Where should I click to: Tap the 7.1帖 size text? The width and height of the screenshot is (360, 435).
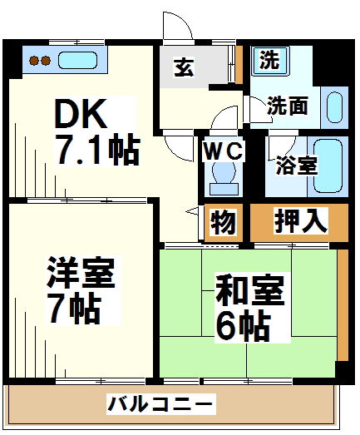point(96,150)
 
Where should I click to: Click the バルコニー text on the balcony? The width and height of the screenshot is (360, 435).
point(160,405)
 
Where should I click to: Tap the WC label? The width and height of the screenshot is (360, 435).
point(223,152)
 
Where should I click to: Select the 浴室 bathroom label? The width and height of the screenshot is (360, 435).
point(296,164)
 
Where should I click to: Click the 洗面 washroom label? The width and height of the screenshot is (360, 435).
point(288,106)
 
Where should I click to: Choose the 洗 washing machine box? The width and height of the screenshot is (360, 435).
point(268,59)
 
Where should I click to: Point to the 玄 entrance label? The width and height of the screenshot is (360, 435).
point(184,67)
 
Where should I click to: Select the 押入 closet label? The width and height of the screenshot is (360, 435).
point(301,222)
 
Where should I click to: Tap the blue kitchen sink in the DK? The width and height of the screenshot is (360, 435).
point(78,61)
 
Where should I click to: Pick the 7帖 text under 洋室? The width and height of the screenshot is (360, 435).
point(73,309)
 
